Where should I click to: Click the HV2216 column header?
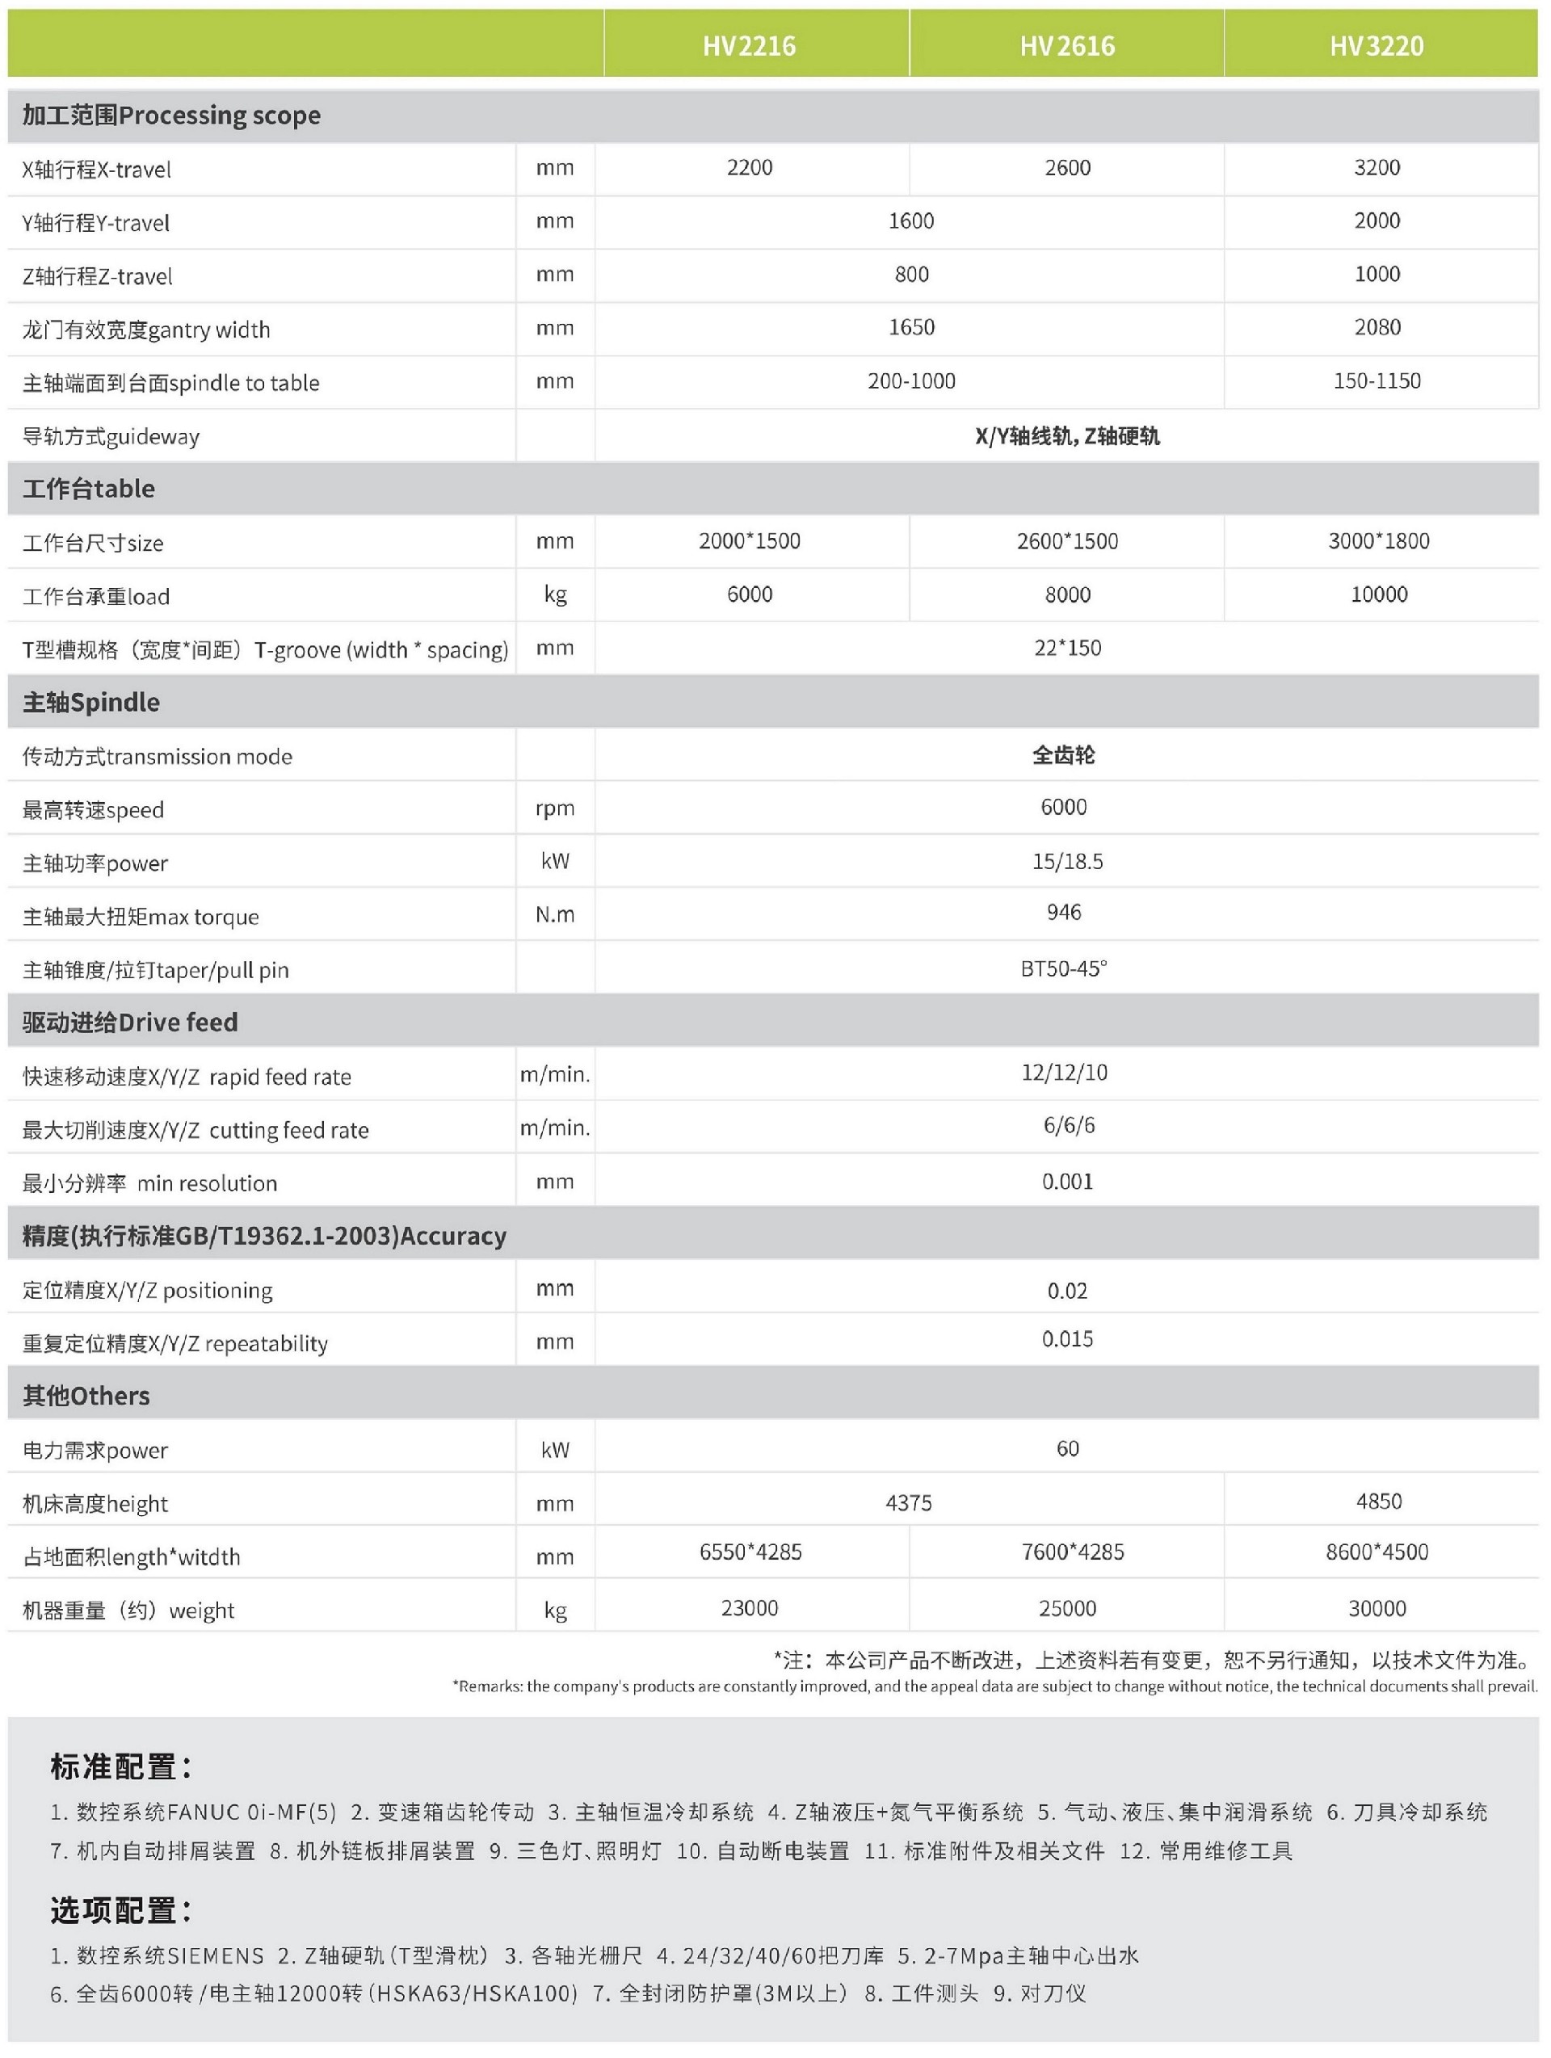point(749,45)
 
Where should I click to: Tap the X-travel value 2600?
point(1067,167)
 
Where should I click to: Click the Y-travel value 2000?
point(1377,220)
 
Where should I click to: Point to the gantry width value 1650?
point(911,327)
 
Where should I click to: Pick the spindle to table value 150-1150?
point(1377,380)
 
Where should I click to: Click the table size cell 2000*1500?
point(749,540)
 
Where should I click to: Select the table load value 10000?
point(1379,594)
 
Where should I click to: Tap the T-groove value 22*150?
point(1067,648)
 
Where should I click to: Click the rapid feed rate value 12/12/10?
point(1065,1073)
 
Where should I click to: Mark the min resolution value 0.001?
point(1067,1182)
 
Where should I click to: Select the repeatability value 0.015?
point(1067,1339)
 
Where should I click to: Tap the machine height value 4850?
point(1379,1501)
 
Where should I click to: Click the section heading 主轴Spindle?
point(91,703)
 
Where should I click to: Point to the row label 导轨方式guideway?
point(111,436)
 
